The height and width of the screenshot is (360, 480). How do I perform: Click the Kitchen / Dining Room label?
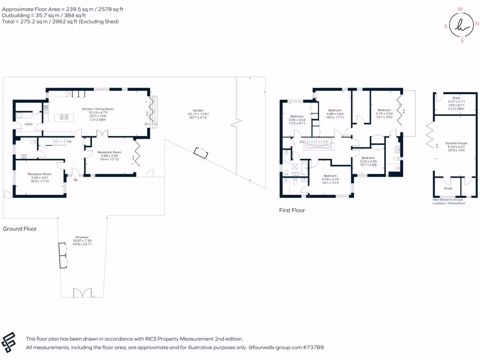pyautogui.click(x=98, y=109)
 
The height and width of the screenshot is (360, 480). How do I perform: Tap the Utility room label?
pyautogui.click(x=29, y=124)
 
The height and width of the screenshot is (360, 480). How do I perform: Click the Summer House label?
pyautogui.click(x=456, y=143)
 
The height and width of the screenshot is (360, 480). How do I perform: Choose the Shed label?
pyautogui.click(x=456, y=98)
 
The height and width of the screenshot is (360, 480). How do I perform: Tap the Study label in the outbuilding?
pyautogui.click(x=448, y=188)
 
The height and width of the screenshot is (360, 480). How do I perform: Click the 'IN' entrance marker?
pyautogui.click(x=75, y=179)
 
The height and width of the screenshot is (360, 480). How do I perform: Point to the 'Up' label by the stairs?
pyautogui.click(x=69, y=141)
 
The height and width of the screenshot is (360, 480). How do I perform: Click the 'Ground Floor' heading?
pyautogui.click(x=20, y=229)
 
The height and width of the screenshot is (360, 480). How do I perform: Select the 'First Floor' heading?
pyautogui.click(x=292, y=210)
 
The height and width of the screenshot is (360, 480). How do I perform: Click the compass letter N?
pyautogui.click(x=477, y=23)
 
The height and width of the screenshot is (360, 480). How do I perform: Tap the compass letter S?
pyautogui.click(x=445, y=27)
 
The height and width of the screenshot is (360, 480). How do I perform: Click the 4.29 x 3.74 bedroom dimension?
pyautogui.click(x=330, y=180)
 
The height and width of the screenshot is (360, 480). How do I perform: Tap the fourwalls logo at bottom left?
pyautogui.click(x=10, y=343)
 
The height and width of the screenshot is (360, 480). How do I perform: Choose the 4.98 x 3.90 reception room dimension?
pyautogui.click(x=109, y=156)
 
